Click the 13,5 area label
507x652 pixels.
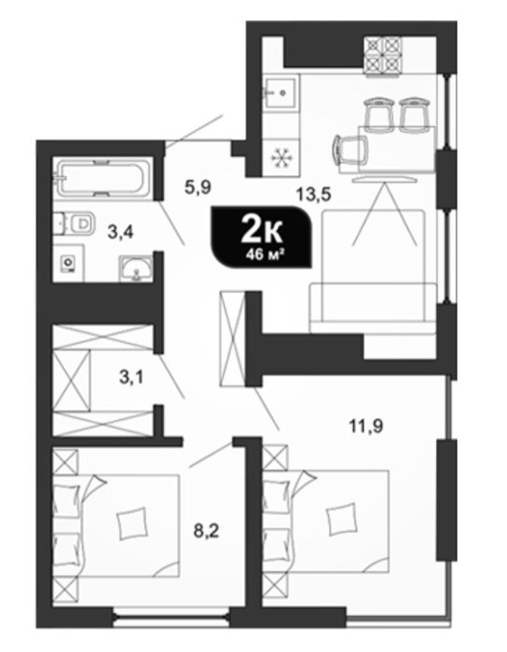313,194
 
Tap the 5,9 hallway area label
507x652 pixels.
198,187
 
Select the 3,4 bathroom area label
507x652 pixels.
120,232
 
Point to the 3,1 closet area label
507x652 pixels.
130,377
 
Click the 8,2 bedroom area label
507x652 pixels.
206,531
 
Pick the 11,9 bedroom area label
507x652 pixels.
366,426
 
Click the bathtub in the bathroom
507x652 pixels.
102,179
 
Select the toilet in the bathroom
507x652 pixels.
75,223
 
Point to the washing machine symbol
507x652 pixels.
68,264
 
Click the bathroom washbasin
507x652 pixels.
135,269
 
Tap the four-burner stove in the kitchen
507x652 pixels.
383,55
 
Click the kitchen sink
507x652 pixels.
281,93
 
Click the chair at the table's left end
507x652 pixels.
350,150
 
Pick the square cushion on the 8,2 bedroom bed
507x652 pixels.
132,523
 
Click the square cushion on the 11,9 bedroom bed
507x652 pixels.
341,519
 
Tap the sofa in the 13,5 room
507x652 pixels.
373,271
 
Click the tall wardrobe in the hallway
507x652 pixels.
232,338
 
